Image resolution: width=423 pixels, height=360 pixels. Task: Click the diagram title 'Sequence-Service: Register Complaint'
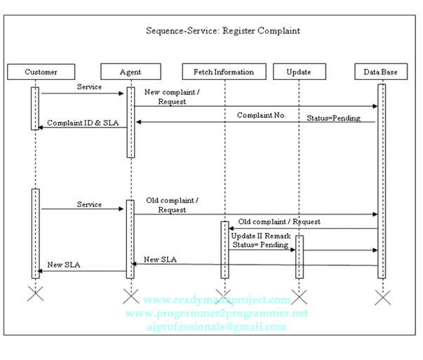(222, 31)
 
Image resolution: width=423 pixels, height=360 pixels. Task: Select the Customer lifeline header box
(41, 72)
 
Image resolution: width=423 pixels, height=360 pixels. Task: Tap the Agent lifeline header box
(130, 72)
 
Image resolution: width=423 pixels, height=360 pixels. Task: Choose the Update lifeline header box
(299, 72)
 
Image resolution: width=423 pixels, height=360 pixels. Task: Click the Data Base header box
(381, 72)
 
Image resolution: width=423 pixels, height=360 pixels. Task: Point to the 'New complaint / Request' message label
(172, 97)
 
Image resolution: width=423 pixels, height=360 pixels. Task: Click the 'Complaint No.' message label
(261, 114)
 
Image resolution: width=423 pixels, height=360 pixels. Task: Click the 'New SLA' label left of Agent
(64, 265)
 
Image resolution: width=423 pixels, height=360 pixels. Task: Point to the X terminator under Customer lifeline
(35, 293)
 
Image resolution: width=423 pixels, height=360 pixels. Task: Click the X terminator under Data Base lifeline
(382, 297)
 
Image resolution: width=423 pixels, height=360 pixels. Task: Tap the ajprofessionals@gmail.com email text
(216, 327)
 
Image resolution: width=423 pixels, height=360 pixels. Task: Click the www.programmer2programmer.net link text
(216, 313)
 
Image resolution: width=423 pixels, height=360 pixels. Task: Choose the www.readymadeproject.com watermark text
(216, 300)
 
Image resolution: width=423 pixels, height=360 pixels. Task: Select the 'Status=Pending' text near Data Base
(333, 118)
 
